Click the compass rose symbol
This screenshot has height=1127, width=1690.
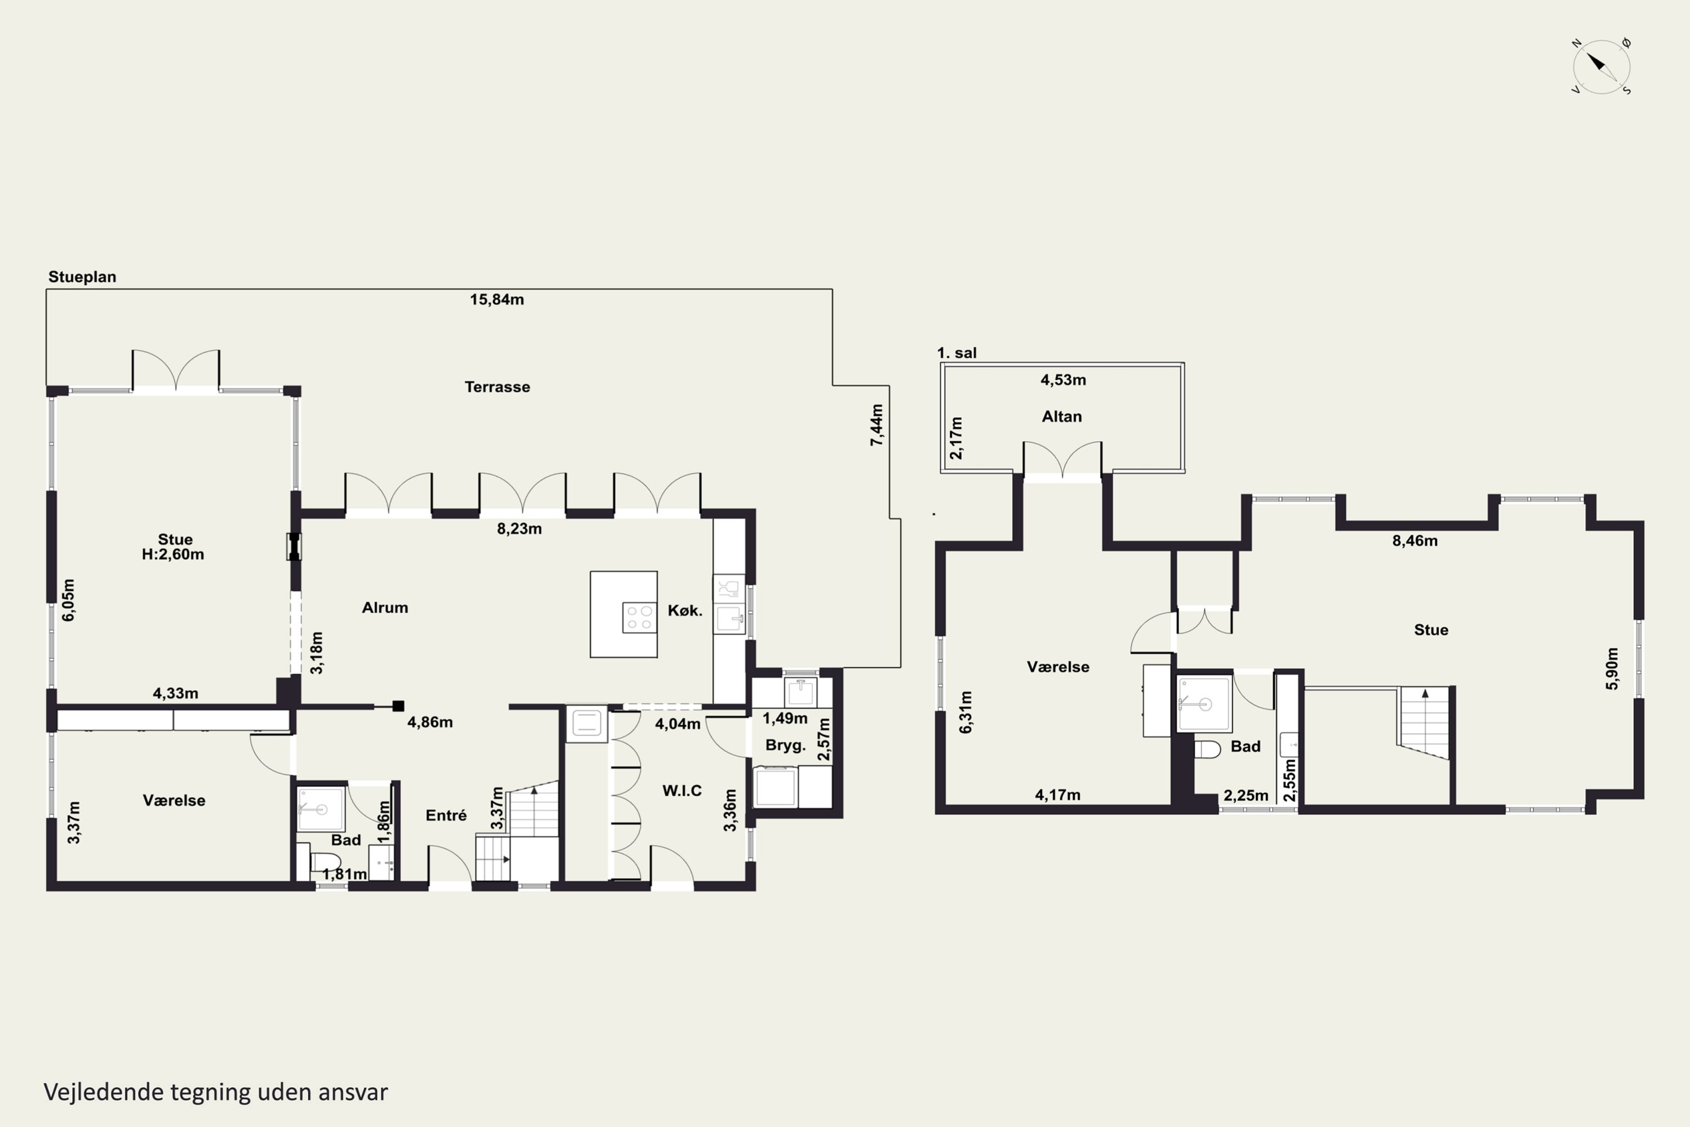(x=1602, y=66)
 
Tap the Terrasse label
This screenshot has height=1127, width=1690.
(x=497, y=387)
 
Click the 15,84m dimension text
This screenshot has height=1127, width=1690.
(x=496, y=300)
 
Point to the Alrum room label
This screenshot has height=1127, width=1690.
(x=384, y=607)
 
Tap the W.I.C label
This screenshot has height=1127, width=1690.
(x=682, y=791)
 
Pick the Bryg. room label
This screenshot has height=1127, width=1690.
(x=785, y=746)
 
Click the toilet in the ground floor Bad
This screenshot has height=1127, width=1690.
(x=325, y=861)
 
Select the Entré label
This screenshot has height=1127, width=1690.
(x=446, y=815)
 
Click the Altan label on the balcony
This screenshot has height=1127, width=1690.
(x=1061, y=416)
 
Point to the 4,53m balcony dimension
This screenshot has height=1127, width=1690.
(x=1062, y=379)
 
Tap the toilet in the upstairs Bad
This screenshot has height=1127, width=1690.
(x=1207, y=749)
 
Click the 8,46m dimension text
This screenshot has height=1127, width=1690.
(x=1415, y=540)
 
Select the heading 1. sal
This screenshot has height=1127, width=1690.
(x=957, y=353)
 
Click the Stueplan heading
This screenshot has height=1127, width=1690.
(x=82, y=277)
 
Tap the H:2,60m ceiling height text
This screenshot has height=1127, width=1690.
(x=172, y=554)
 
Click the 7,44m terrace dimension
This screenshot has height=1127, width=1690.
(x=877, y=425)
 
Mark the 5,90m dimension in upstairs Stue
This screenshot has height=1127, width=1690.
(x=1612, y=668)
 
